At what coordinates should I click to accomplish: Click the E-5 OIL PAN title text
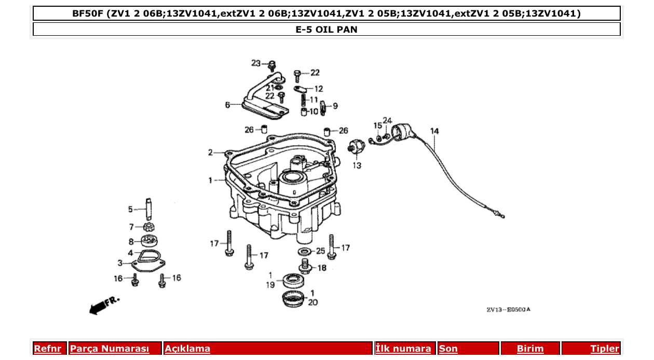(x=326, y=30)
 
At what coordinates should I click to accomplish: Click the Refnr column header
(x=47, y=349)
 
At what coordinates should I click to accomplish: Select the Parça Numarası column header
(x=110, y=349)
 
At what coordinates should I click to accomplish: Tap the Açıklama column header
(x=187, y=349)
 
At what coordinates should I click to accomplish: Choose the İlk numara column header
(x=403, y=349)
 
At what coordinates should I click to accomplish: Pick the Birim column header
(x=530, y=349)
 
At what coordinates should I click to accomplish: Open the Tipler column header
(x=605, y=349)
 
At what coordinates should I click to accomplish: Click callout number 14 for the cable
(x=434, y=131)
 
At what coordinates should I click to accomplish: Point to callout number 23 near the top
(x=256, y=63)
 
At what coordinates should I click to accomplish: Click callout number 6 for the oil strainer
(x=227, y=105)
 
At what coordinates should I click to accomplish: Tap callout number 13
(x=357, y=165)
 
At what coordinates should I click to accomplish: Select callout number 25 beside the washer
(x=320, y=251)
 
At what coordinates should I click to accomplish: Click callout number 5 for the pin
(x=130, y=210)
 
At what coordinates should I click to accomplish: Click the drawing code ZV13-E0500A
(x=508, y=310)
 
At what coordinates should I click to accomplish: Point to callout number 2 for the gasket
(x=211, y=153)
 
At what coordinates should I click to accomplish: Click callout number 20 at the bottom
(x=313, y=302)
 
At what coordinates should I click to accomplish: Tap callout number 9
(x=335, y=106)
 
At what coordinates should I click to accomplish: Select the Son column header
(x=448, y=349)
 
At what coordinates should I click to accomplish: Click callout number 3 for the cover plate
(x=120, y=263)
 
